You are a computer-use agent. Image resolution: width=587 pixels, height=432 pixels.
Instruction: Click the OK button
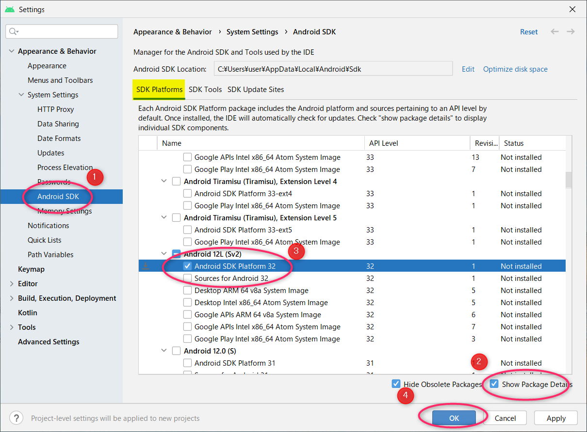(454, 418)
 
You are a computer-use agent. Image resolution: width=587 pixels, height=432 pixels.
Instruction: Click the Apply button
(555, 418)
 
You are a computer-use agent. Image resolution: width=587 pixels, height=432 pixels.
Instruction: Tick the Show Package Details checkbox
(494, 384)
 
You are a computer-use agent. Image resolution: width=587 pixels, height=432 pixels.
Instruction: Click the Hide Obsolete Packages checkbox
(396, 384)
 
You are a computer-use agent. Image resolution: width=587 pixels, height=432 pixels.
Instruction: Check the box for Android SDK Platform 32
(187, 266)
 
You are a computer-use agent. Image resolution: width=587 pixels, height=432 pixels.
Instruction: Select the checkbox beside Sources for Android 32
(187, 278)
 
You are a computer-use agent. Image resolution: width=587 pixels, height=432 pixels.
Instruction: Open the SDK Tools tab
(205, 90)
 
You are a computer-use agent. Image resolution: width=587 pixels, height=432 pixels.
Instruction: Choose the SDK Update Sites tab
(256, 90)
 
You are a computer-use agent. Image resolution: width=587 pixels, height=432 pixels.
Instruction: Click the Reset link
(529, 32)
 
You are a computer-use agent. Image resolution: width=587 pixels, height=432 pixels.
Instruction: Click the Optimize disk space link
(515, 69)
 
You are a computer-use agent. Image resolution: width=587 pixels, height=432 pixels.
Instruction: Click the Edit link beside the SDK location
(468, 69)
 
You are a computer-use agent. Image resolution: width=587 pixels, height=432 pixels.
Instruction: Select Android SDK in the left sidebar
(58, 196)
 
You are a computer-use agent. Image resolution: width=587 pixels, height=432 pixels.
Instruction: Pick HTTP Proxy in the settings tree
(55, 109)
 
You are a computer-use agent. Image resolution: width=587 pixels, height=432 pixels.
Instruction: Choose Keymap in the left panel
(31, 269)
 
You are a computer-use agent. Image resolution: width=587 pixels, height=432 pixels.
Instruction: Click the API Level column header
(384, 143)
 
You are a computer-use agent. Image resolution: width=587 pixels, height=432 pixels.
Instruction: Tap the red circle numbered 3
(296, 251)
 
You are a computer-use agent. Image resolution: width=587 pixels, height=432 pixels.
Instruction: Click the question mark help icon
(16, 418)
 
